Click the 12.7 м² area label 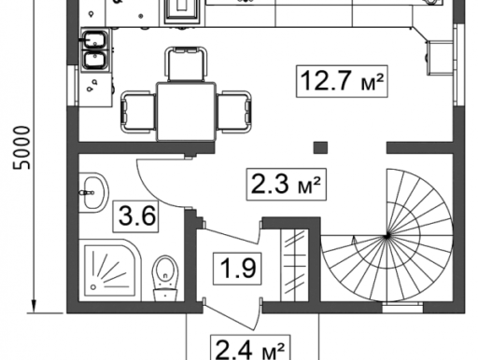[342, 81]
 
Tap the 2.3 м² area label [287, 185]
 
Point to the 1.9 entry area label [237, 269]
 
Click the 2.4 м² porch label [250, 348]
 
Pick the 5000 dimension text [22, 147]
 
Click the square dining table [186, 112]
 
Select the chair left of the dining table [138, 112]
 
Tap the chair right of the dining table [234, 112]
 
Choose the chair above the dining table [186, 64]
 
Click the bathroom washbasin [93, 193]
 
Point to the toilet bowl [165, 278]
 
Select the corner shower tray [113, 270]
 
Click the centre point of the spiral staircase [387, 237]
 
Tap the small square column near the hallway [320, 147]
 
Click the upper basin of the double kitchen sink [93, 40]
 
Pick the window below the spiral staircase [402, 307]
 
